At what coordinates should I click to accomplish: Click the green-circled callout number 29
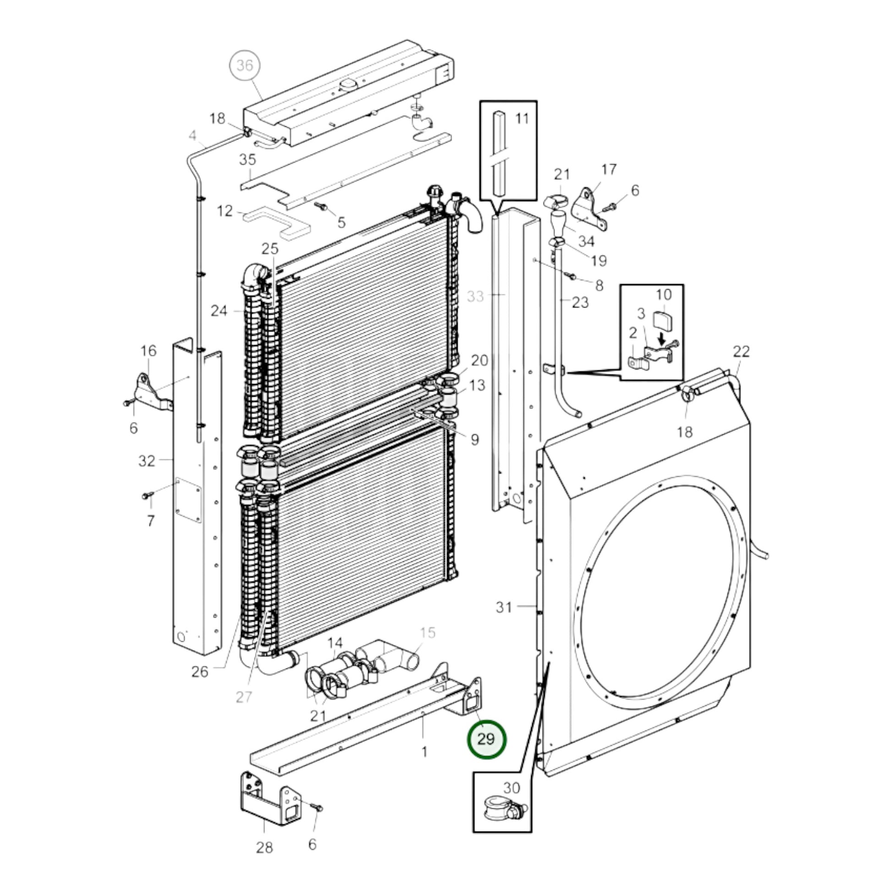click(486, 739)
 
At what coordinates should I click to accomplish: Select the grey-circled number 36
click(245, 66)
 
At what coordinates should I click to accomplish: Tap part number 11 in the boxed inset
click(522, 119)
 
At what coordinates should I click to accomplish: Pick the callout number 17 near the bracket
click(609, 170)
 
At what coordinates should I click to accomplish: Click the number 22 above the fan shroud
click(741, 352)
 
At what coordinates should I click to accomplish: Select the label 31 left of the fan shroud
click(504, 607)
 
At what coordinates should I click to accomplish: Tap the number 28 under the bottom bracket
click(264, 847)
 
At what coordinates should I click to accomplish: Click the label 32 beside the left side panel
click(147, 460)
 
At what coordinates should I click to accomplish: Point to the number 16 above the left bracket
click(148, 351)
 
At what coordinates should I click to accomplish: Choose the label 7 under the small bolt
click(150, 521)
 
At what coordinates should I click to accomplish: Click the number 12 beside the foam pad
click(225, 211)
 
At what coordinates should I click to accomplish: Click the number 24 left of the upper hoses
click(219, 311)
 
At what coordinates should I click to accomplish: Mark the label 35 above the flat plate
click(248, 160)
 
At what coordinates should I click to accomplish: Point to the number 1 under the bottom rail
click(424, 753)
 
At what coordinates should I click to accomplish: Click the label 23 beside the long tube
click(580, 303)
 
